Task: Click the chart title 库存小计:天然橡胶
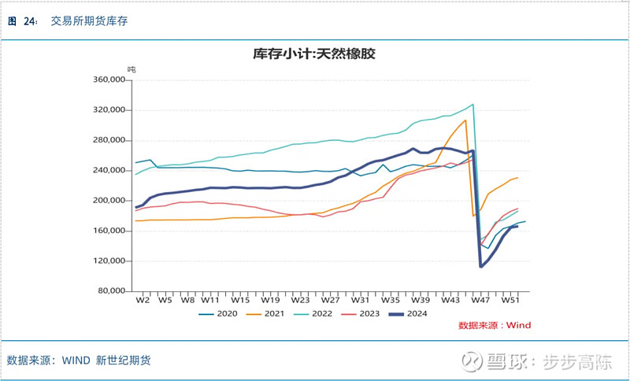(314, 54)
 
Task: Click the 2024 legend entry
(418, 314)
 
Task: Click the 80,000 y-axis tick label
(112, 291)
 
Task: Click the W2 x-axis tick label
(143, 300)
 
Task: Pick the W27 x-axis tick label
(330, 300)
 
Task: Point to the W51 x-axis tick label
(510, 300)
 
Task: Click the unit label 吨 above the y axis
(132, 69)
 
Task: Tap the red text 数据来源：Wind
(494, 325)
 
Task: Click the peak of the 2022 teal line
(472, 105)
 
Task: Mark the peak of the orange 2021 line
(465, 120)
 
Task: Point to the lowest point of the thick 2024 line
(481, 266)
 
